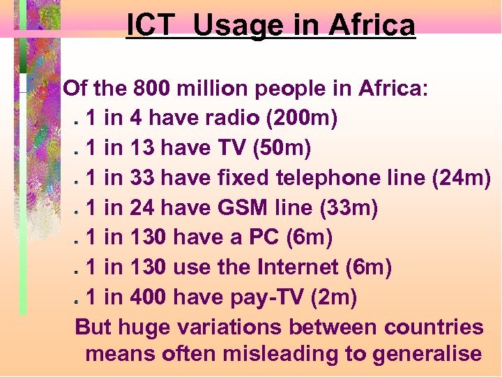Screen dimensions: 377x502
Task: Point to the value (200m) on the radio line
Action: pos(302,119)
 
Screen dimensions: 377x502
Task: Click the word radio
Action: pos(235,119)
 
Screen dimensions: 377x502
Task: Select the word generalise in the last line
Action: pos(427,353)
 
